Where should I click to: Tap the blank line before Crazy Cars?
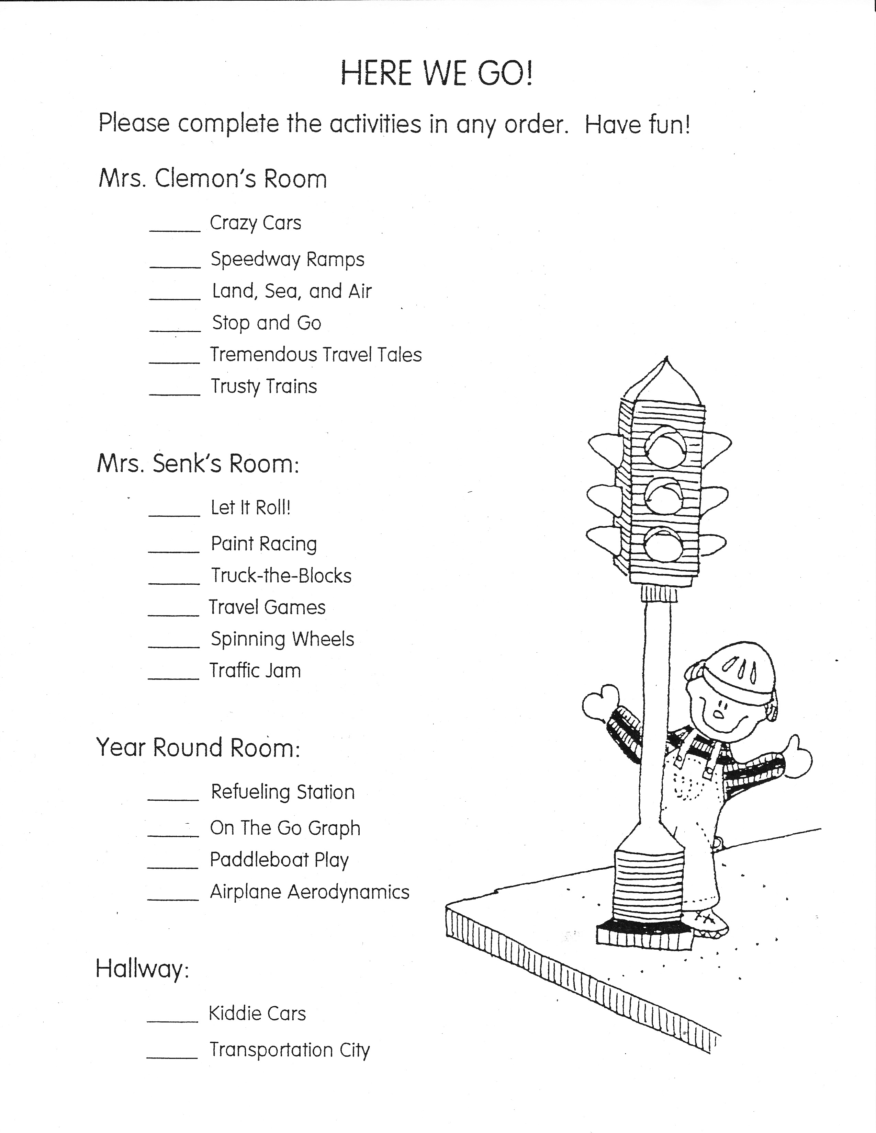point(175,230)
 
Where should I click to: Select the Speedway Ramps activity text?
point(288,259)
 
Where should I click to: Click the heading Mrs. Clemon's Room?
point(213,179)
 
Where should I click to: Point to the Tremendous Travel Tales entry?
point(315,355)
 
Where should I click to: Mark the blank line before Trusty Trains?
point(175,394)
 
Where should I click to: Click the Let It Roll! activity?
point(250,507)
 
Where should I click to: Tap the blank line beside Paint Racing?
point(174,551)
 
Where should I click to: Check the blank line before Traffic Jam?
point(174,678)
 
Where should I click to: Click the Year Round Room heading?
point(198,747)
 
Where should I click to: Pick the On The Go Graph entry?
point(285,828)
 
